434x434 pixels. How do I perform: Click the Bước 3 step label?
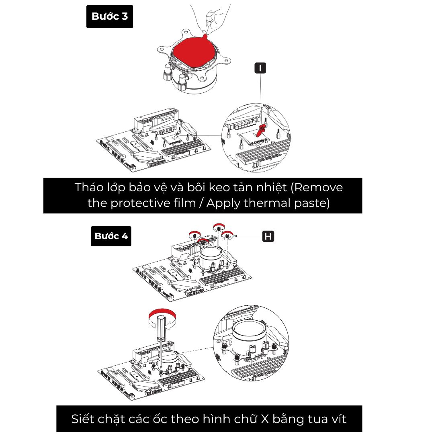[110, 16]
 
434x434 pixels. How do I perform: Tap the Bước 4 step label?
[111, 236]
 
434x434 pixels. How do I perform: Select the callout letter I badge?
[260, 68]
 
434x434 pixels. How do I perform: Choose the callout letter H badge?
[268, 236]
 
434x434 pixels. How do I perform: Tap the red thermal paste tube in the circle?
[260, 130]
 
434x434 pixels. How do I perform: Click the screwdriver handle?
[161, 328]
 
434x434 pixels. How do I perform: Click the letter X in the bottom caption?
[265, 419]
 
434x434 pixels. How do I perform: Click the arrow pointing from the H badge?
[247, 236]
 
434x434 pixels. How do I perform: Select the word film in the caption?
[184, 203]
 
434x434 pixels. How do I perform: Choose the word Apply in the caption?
[224, 204]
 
